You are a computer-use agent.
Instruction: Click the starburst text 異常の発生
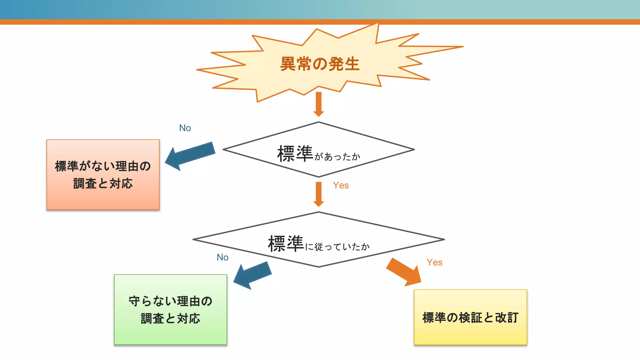[x=320, y=64]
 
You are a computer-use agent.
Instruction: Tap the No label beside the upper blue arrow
[x=185, y=128]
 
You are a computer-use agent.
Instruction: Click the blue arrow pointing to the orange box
[x=191, y=155]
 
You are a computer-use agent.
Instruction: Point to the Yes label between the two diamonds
[x=341, y=185]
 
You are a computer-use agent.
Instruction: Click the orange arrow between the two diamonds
[x=318, y=194]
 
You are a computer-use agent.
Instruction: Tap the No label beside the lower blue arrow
[x=222, y=257]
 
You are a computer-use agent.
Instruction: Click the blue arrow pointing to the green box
[x=253, y=275]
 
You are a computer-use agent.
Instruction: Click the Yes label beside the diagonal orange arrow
[x=434, y=262]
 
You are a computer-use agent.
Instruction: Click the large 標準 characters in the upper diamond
[x=295, y=154]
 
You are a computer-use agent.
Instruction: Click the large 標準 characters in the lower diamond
[x=286, y=244]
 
